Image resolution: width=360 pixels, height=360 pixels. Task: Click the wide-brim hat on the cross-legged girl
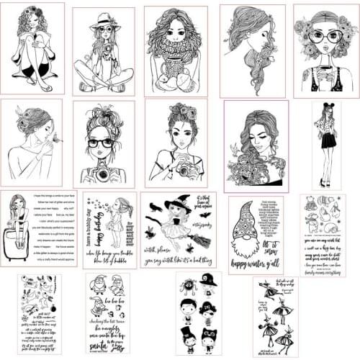(103, 21)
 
